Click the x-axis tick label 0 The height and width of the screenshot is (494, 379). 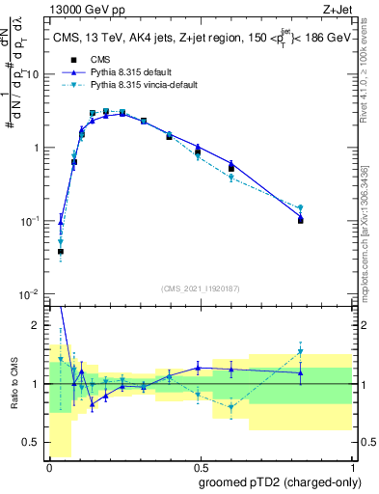[x=49, y=467]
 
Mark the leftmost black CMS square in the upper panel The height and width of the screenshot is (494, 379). [x=61, y=251]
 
